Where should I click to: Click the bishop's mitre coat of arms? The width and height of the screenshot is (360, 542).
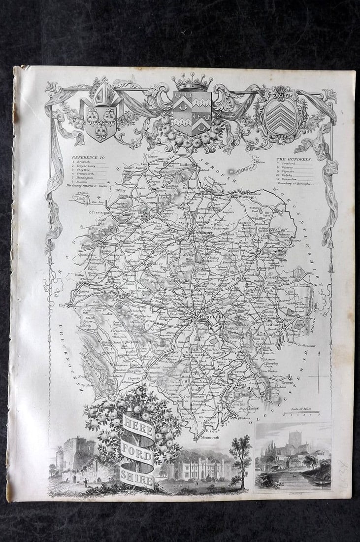[101, 112]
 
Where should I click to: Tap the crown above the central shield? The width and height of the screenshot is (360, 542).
[192, 81]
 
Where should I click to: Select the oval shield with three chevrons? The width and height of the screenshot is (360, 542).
[280, 113]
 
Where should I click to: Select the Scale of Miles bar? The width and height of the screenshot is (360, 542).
[301, 412]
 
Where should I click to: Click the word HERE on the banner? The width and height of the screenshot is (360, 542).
[133, 423]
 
